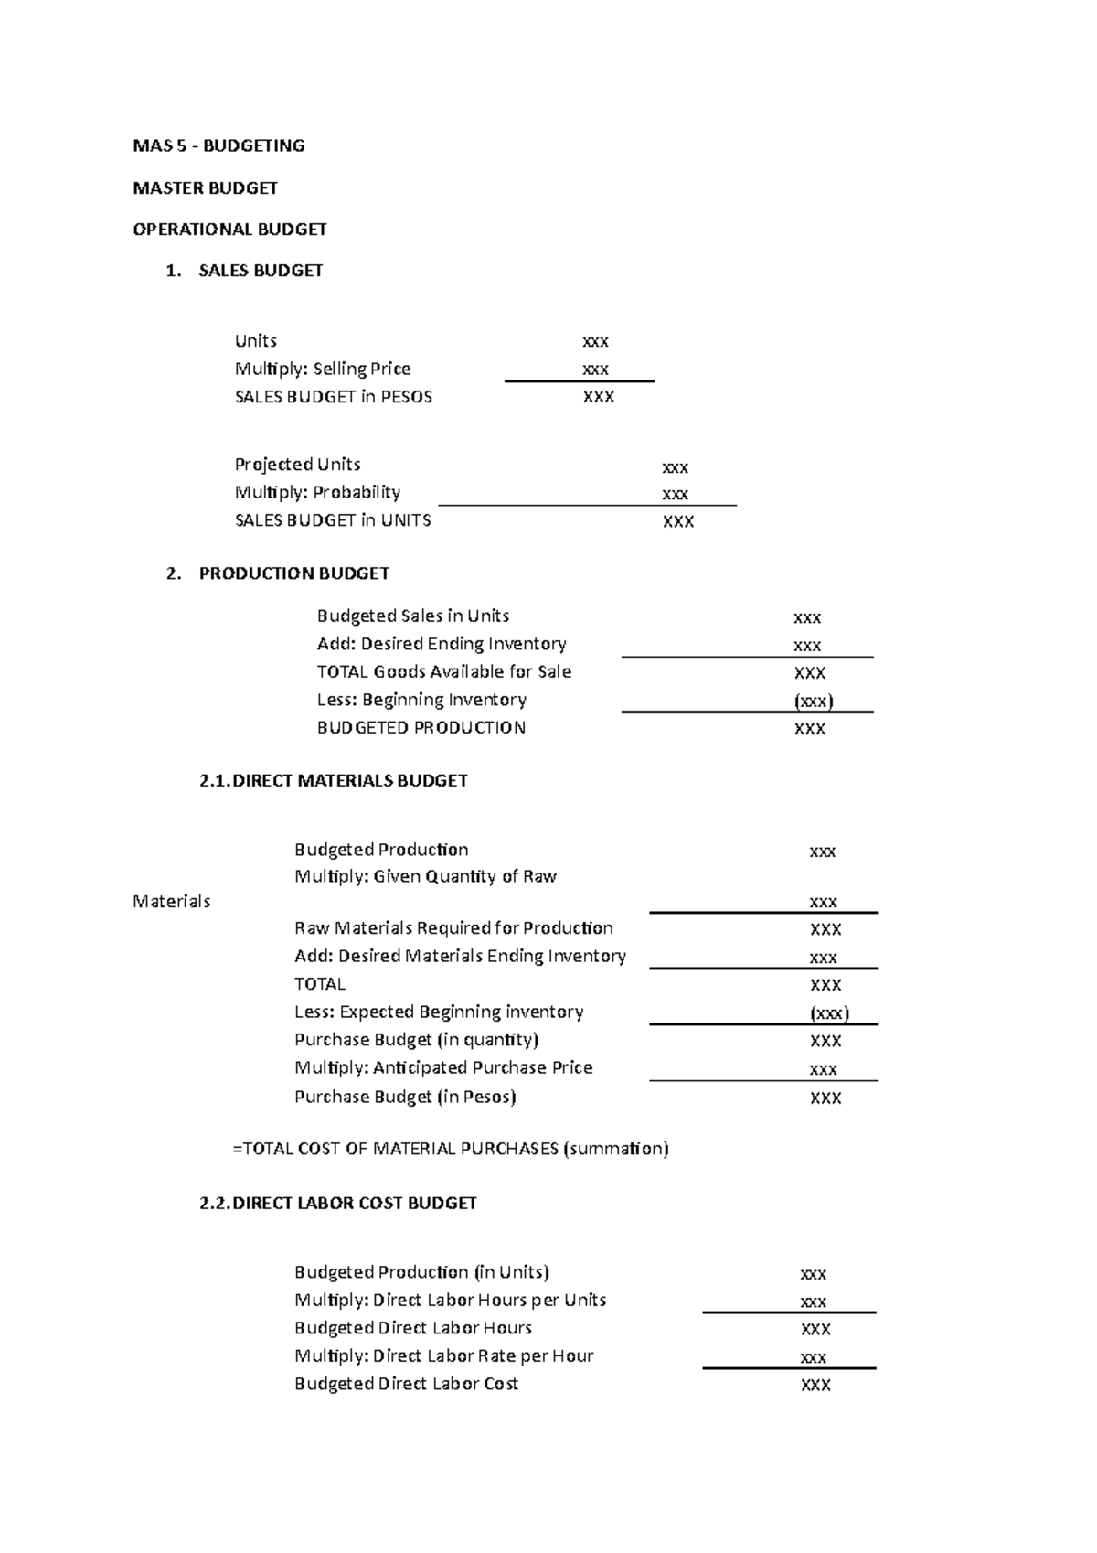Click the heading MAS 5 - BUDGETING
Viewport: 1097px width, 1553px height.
218,145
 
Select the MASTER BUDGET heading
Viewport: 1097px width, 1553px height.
205,187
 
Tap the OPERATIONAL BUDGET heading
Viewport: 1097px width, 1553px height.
229,229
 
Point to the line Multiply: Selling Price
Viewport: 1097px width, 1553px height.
322,369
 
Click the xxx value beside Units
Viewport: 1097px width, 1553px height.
595,341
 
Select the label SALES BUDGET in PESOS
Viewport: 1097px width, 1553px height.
333,397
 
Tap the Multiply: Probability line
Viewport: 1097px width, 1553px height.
317,492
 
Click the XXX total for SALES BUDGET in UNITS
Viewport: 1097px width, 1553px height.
677,521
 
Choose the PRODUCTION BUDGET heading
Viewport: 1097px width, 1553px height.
293,573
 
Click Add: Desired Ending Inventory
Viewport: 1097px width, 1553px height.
441,644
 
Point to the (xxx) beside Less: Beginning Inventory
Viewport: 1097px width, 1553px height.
813,702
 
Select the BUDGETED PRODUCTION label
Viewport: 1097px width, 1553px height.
421,728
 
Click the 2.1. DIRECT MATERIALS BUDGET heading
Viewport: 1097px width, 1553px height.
333,780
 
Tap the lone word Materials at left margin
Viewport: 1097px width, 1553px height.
171,902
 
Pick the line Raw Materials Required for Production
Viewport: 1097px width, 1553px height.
453,928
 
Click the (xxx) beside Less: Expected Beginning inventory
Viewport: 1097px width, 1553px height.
829,1013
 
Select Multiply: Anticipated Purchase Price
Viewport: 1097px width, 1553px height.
443,1067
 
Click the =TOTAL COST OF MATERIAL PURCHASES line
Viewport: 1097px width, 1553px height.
451,1149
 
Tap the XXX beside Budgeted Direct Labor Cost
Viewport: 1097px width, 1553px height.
815,1385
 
